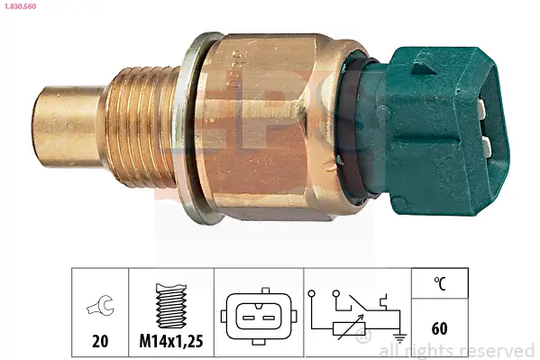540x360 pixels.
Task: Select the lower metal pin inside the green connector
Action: (488, 144)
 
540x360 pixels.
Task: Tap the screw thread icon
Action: (169, 306)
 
